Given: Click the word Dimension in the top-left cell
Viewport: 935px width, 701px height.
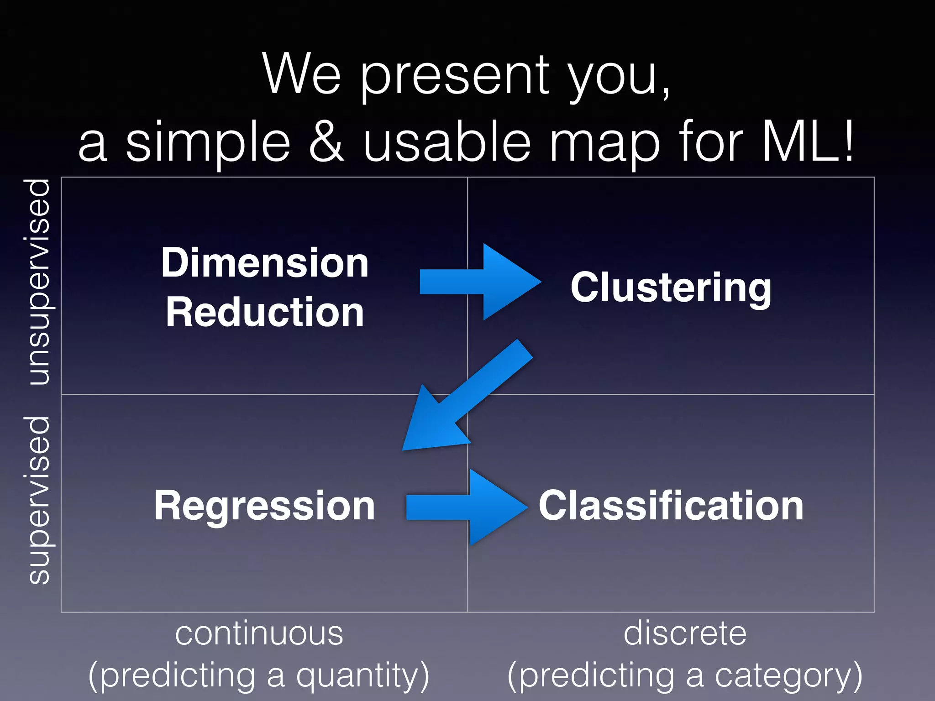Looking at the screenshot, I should (x=265, y=263).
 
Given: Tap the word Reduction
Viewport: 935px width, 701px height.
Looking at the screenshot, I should (x=265, y=312).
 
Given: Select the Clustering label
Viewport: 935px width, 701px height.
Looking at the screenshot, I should (x=671, y=287).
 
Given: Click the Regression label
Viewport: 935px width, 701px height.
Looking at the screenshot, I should (x=264, y=506).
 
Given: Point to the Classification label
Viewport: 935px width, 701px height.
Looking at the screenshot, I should (x=671, y=506).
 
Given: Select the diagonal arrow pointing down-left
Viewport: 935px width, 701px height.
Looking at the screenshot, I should (x=461, y=402).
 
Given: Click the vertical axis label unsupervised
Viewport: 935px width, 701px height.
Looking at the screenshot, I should (x=39, y=282).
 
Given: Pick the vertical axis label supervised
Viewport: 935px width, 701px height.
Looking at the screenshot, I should (x=39, y=500).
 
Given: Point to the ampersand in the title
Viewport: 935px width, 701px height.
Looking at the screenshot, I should (x=327, y=142).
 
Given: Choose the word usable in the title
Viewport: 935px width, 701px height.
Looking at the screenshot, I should (x=447, y=142).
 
